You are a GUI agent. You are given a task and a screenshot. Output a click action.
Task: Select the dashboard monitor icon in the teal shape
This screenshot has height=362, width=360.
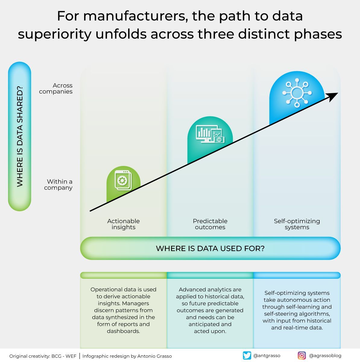tap(210, 134)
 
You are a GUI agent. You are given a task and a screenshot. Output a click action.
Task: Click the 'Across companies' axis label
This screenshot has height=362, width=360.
tap(56, 88)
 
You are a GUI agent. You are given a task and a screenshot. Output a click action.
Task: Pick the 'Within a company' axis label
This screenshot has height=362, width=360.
tap(58, 185)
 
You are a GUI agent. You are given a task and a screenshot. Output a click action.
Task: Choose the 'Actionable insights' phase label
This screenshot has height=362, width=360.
tap(123, 224)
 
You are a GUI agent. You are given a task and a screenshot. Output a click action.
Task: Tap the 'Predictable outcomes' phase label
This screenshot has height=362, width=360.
tap(210, 224)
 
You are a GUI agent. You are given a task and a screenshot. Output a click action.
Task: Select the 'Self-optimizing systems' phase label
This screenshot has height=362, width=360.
tap(297, 224)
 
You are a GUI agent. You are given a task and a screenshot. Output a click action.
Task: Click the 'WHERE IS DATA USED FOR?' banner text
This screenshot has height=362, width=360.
tap(210, 249)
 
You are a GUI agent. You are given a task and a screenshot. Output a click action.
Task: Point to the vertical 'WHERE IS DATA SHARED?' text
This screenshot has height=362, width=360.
tap(20, 136)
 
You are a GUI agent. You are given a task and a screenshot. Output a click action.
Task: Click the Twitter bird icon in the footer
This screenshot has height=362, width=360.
tap(247, 356)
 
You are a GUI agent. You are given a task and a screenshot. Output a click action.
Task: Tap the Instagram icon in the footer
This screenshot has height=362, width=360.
tap(302, 356)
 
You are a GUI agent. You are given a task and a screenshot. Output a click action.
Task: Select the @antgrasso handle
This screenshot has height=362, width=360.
tap(267, 356)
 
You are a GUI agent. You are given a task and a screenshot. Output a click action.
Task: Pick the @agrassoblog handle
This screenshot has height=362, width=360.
tap(325, 356)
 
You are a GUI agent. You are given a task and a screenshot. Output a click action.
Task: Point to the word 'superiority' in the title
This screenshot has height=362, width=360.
tap(54, 34)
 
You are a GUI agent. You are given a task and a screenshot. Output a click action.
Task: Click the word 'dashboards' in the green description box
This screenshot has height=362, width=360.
tap(123, 331)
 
